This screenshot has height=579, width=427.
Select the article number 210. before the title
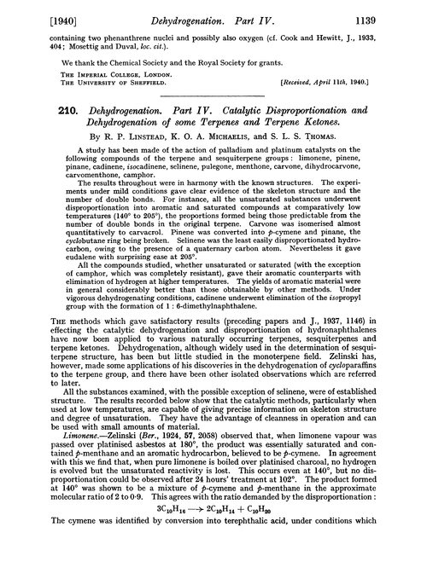point(40,113)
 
